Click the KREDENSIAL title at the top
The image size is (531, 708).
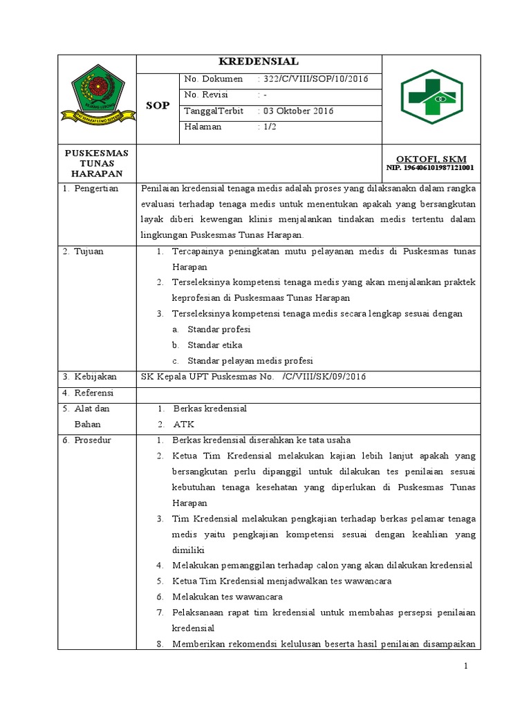click(259, 61)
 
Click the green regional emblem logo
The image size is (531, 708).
click(97, 97)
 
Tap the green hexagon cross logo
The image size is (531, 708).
click(432, 97)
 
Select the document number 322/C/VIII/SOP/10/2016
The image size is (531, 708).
click(313, 79)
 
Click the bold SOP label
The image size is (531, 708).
click(158, 105)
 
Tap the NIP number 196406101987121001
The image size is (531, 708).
click(429, 168)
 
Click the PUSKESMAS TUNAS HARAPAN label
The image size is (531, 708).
click(97, 162)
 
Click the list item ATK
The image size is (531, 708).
click(184, 424)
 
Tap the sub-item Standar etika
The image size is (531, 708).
click(214, 344)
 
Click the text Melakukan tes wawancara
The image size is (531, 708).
click(227, 597)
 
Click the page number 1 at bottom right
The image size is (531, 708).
click(466, 666)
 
